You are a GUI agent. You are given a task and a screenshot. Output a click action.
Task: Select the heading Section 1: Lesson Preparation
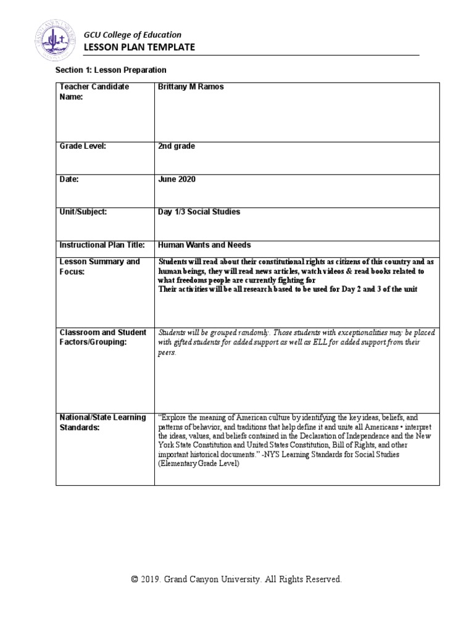point(111,71)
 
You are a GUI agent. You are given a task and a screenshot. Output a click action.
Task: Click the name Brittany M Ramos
point(191,87)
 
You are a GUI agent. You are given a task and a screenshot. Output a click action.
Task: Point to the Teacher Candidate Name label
point(94,92)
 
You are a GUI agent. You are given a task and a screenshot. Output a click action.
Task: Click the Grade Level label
point(83,146)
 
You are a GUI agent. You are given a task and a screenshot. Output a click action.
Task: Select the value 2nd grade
point(177,146)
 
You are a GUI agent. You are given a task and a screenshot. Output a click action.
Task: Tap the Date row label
point(69,179)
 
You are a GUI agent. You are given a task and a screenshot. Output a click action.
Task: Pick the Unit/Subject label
point(83,212)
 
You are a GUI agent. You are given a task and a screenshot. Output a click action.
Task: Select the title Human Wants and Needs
point(204,245)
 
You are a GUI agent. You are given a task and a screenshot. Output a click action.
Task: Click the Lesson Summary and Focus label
point(99,266)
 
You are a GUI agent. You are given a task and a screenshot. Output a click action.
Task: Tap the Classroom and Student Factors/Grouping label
point(102,338)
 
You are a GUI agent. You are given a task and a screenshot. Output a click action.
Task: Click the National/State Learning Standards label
point(102,422)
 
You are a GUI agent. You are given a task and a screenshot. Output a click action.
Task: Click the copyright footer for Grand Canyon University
point(236,580)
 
